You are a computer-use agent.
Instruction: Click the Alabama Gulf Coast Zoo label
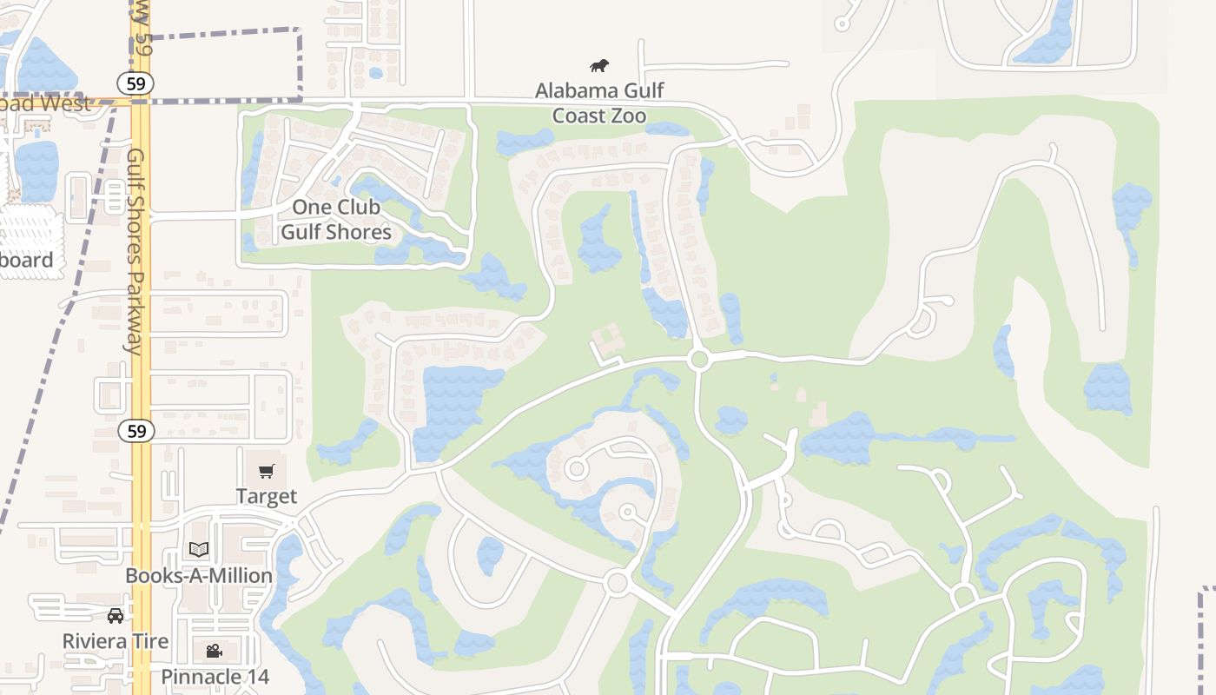click(599, 103)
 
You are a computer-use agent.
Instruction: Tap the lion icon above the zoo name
click(599, 65)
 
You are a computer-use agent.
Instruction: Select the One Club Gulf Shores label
click(336, 220)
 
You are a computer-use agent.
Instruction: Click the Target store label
click(267, 496)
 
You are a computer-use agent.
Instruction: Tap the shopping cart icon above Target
click(267, 472)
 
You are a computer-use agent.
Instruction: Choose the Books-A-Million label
click(199, 576)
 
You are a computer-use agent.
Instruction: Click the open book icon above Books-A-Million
click(199, 549)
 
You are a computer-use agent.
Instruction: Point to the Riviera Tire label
click(116, 641)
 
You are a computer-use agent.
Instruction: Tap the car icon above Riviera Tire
click(116, 616)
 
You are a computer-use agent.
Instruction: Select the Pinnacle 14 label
click(215, 677)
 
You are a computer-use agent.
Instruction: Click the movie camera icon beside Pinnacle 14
click(214, 651)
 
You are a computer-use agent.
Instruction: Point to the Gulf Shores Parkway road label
click(135, 252)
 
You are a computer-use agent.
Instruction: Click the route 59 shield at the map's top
click(138, 83)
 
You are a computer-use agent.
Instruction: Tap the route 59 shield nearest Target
click(136, 431)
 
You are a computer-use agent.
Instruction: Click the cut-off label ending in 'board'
click(26, 260)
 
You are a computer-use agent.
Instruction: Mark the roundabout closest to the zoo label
click(699, 360)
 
